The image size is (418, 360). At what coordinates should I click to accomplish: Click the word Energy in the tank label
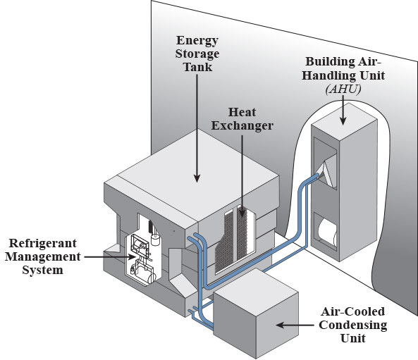(197, 41)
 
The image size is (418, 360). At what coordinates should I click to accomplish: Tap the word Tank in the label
(198, 67)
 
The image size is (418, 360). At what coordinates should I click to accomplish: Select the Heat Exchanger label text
(242, 119)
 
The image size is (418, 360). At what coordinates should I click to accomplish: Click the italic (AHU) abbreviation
(343, 89)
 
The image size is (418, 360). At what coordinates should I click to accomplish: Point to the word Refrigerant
(43, 243)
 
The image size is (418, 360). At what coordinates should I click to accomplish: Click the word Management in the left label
(43, 256)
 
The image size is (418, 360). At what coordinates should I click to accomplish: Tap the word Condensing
(353, 325)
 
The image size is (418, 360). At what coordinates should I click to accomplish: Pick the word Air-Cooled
(353, 312)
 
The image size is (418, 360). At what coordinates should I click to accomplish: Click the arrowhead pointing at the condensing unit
(280, 325)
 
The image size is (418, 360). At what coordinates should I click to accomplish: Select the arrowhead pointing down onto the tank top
(197, 178)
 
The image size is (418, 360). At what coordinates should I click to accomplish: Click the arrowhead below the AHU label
(343, 121)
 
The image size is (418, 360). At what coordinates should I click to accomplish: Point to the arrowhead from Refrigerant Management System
(132, 257)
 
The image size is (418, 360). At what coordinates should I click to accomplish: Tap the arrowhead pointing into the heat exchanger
(242, 213)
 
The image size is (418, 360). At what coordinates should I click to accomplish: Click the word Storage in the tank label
(197, 54)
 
